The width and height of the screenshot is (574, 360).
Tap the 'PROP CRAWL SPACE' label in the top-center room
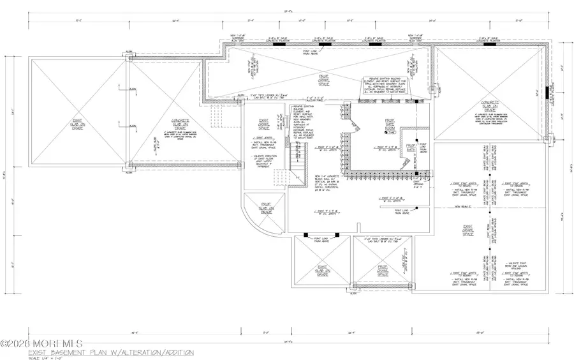point(325,79)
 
